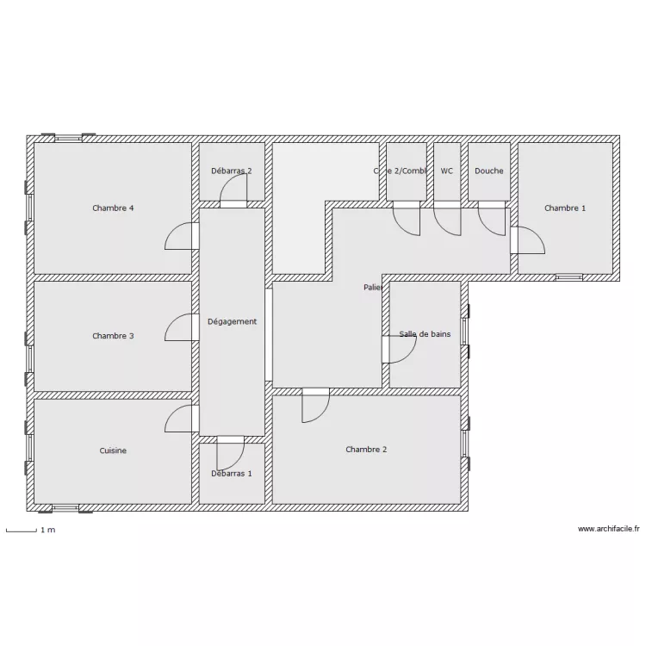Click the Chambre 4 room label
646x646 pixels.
pyautogui.click(x=113, y=208)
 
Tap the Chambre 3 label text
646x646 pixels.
pyautogui.click(x=113, y=336)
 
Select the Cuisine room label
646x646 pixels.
pyautogui.click(x=113, y=450)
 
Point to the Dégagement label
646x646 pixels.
pyautogui.click(x=232, y=321)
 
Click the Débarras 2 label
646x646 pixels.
pyautogui.click(x=232, y=171)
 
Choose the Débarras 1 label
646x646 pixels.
pyautogui.click(x=232, y=473)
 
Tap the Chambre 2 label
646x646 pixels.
pyautogui.click(x=366, y=450)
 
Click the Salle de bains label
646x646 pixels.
pyautogui.click(x=425, y=334)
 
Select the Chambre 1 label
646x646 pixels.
pyautogui.click(x=565, y=208)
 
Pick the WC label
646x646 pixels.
pyautogui.click(x=446, y=171)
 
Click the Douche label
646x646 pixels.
pyautogui.click(x=488, y=171)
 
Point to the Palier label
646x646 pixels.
pyautogui.click(x=372, y=287)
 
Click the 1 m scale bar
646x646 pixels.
pyautogui.click(x=30, y=530)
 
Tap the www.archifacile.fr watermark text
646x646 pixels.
pyautogui.click(x=608, y=530)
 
